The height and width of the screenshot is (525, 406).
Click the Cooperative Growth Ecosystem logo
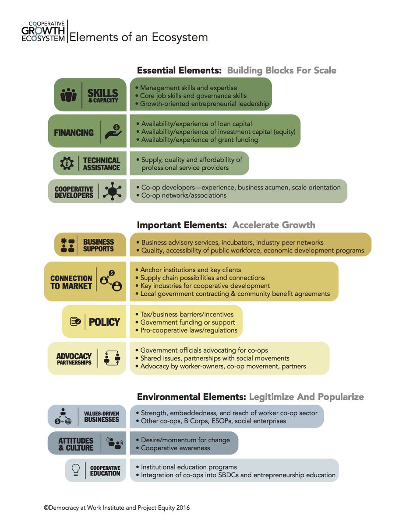click(x=47, y=32)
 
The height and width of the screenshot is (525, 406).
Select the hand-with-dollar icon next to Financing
click(x=113, y=131)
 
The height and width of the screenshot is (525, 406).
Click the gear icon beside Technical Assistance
click(x=67, y=164)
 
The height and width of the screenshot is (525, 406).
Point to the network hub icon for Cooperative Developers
click(x=113, y=192)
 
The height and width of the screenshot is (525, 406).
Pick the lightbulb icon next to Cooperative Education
click(x=75, y=470)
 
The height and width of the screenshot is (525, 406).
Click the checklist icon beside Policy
click(x=75, y=322)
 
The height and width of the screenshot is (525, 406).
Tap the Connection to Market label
click(x=71, y=282)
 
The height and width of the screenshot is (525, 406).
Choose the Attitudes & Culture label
click(x=76, y=444)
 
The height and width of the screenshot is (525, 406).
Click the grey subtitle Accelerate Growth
click(x=273, y=225)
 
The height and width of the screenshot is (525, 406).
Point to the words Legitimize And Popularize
click(x=306, y=397)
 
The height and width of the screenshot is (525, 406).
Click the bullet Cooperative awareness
click(x=175, y=448)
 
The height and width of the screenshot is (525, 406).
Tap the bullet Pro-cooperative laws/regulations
click(x=189, y=330)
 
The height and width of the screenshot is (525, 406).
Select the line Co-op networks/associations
click(x=184, y=195)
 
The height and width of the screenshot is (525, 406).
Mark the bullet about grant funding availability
click(x=199, y=140)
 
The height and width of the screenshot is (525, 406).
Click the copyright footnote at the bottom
click(x=117, y=508)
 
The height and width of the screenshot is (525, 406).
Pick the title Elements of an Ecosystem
click(x=138, y=37)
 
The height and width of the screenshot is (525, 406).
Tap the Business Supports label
click(x=98, y=245)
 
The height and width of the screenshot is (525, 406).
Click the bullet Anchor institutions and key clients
click(x=191, y=269)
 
